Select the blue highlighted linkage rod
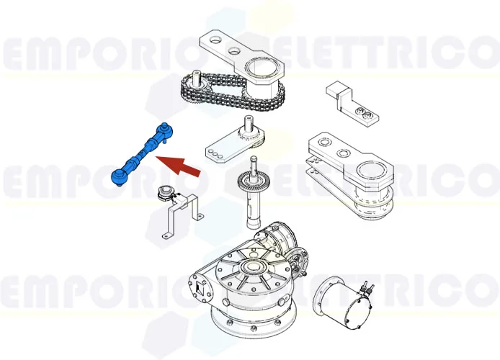tap(140, 153)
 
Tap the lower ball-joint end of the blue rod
tap(117, 176)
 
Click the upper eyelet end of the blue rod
tap(165, 130)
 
